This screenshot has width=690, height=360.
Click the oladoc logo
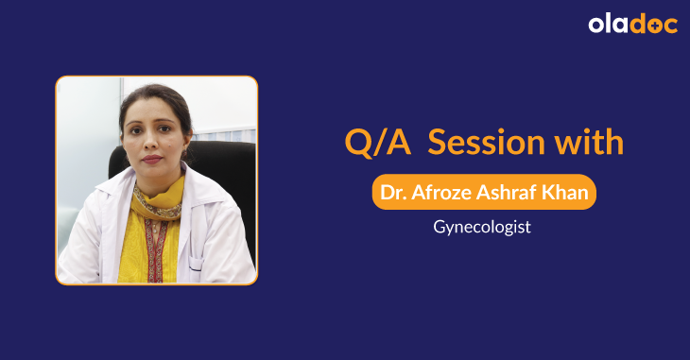pyautogui.click(x=632, y=25)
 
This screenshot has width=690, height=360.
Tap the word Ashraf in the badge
pyautogui.click(x=508, y=193)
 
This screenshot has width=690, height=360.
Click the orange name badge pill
pyautogui.click(x=483, y=193)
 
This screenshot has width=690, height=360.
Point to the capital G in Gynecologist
pyautogui.click(x=440, y=228)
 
